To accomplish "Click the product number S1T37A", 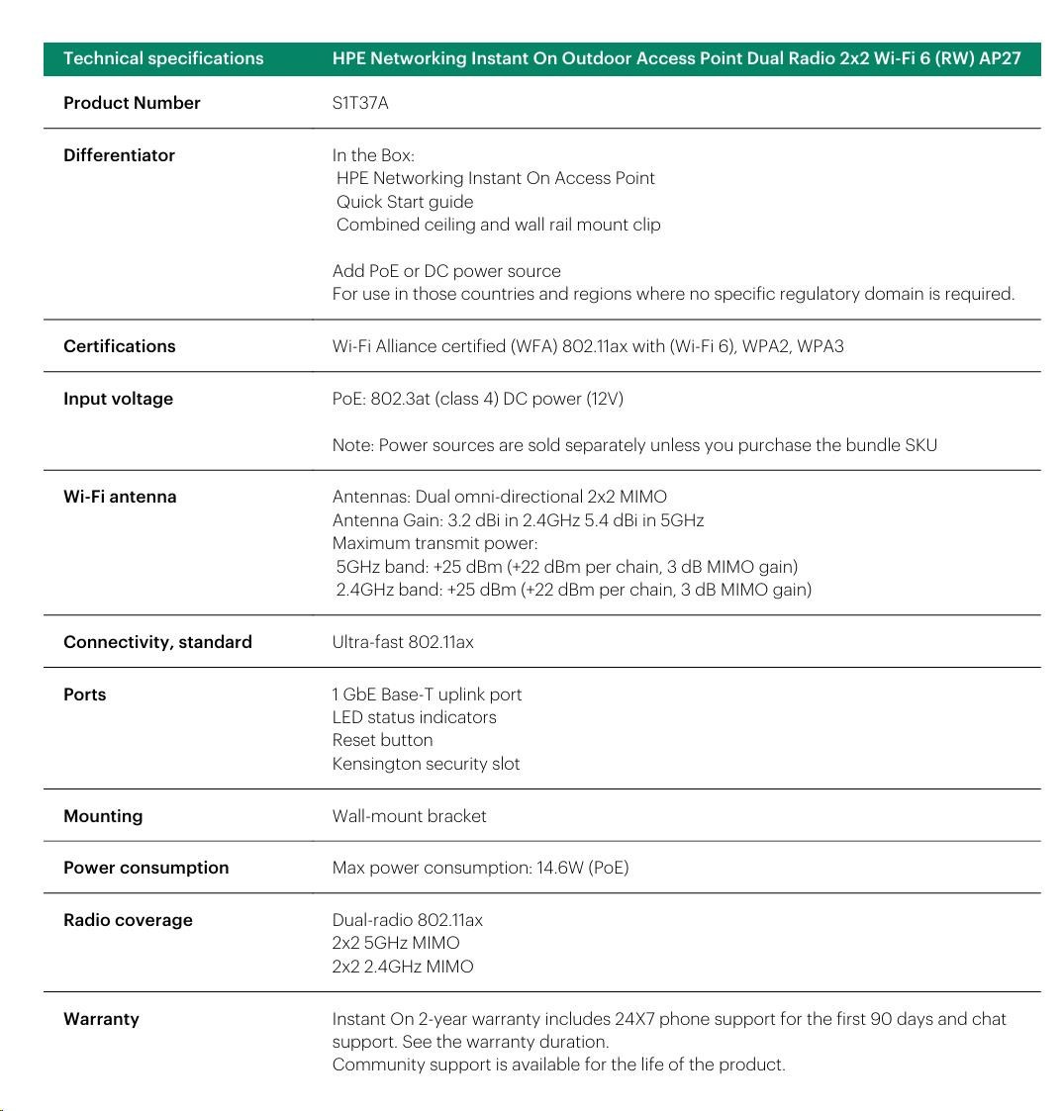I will point(360,103).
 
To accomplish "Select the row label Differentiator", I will point(119,155).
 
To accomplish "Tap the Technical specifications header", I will point(163,58).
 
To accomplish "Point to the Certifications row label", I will point(119,346).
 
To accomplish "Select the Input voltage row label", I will point(118,399).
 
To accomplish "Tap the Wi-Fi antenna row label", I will point(120,497).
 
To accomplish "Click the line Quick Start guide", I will point(405,202).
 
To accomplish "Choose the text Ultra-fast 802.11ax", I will point(403,642).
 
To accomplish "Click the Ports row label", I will point(84,694).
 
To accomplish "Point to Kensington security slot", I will point(426,764).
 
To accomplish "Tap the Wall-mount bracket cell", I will point(409,816).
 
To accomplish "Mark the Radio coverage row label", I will point(128,920).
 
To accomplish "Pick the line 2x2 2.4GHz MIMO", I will point(403,967).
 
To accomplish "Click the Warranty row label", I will point(101,1019).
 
